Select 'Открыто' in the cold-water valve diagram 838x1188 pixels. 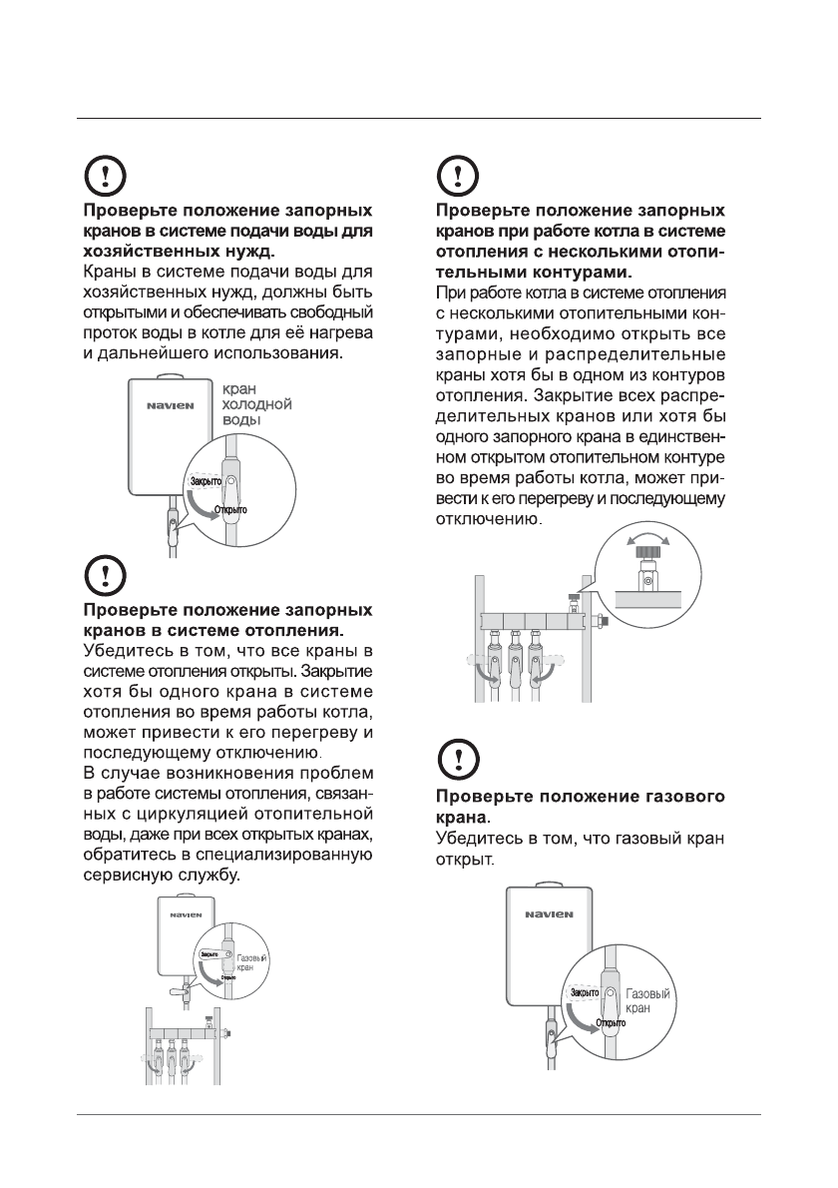[x=229, y=510]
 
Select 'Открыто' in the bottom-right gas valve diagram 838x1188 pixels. [x=611, y=1023]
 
